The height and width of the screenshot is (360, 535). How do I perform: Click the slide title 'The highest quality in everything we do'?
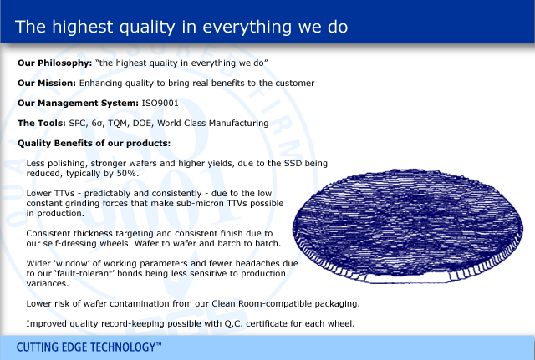pos(181,27)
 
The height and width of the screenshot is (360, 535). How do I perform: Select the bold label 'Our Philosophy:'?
pos(55,63)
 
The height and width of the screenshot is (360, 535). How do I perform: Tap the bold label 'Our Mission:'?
pos(47,84)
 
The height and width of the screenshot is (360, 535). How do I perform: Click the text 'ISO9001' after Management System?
pos(160,103)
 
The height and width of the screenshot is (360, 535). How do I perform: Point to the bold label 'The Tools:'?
pos(42,123)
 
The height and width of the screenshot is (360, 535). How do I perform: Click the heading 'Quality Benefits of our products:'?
pos(94,144)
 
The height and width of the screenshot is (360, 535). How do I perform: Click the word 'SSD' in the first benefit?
pos(293,164)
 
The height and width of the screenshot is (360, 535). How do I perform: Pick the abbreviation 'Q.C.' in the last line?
pos(233,324)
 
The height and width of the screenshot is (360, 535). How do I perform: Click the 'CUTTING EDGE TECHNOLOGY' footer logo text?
pos(89,347)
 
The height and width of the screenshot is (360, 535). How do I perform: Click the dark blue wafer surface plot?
pos(408,226)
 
